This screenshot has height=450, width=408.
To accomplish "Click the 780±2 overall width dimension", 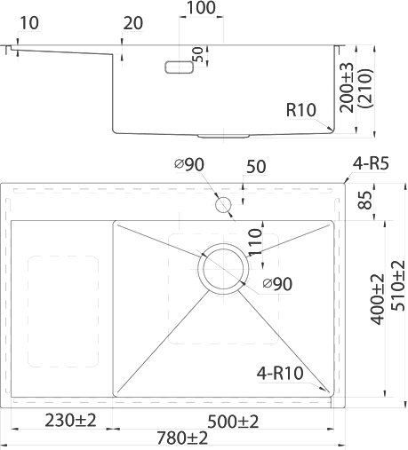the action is [182, 438].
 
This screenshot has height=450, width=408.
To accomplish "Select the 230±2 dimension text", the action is [70, 420].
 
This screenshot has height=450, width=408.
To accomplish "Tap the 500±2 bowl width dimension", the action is [233, 422].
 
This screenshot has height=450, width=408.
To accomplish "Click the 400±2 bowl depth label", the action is [377, 299].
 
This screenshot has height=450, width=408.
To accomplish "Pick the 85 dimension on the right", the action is [364, 201].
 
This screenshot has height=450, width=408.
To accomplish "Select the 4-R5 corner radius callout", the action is [371, 163].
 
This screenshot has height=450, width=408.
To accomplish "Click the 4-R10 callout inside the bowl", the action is [280, 374].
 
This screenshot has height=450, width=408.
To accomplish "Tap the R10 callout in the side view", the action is [301, 110].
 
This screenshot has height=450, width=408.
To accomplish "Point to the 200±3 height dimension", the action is [347, 88].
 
